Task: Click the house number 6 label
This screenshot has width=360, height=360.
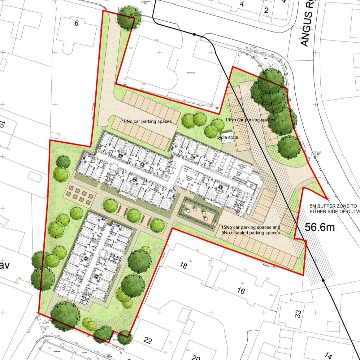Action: (76, 23)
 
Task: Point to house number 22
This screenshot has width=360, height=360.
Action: (148, 341)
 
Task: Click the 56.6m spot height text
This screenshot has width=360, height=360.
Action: (320, 227)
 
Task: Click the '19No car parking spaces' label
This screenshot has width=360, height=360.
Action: (250, 120)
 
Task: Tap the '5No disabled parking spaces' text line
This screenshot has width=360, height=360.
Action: (250, 232)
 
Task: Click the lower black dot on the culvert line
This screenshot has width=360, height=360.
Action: (323, 281)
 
